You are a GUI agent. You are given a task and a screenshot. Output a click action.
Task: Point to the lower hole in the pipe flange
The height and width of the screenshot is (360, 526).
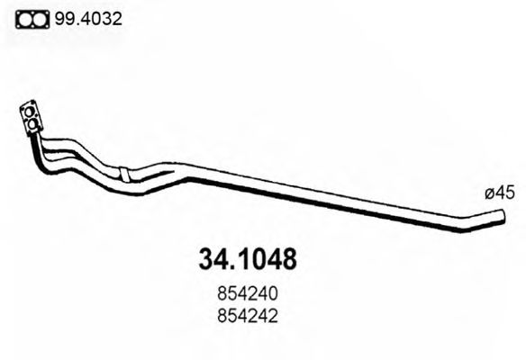(34, 122)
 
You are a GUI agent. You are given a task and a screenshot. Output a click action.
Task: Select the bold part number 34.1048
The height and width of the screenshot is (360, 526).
(246, 261)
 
